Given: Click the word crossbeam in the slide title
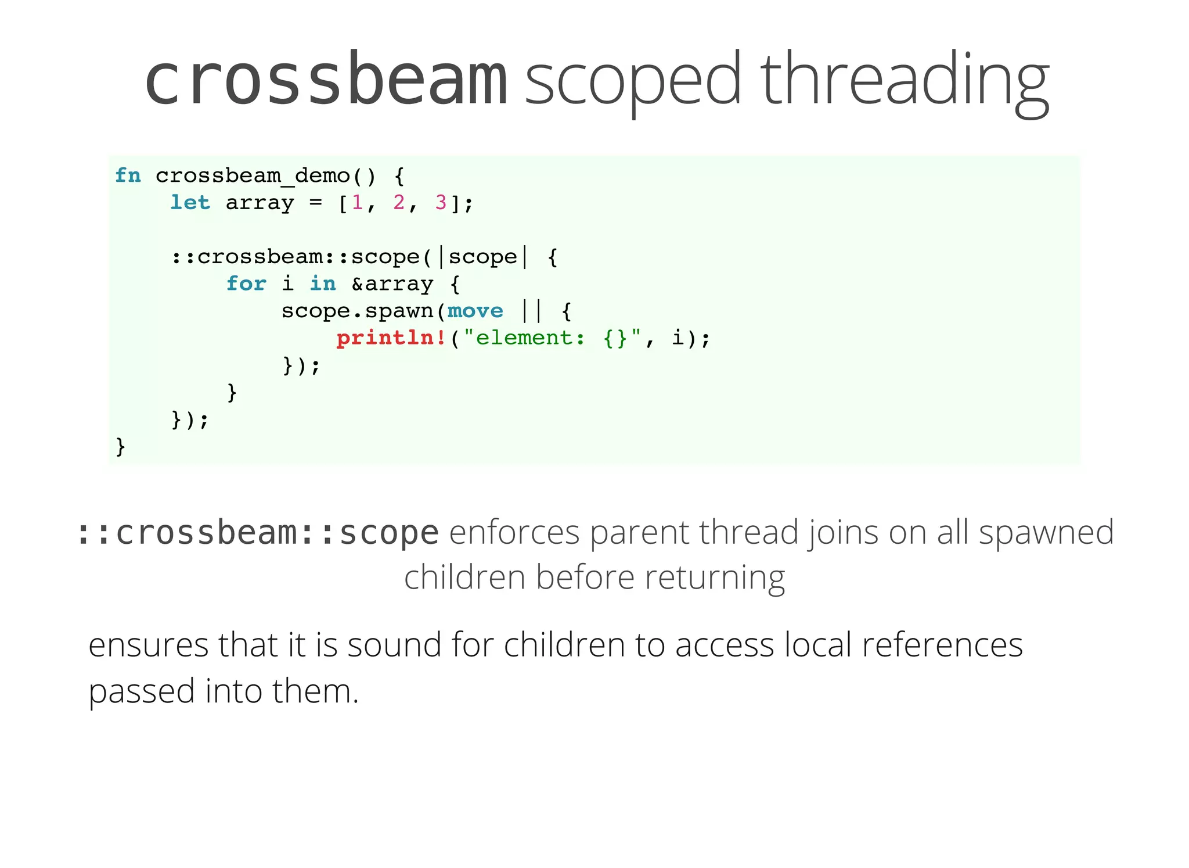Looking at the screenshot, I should click(326, 80).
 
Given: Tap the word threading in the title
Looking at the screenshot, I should click(904, 80).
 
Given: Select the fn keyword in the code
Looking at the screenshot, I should click(128, 175).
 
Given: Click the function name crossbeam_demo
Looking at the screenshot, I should click(253, 175).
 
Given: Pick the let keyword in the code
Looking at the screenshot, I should click(190, 203).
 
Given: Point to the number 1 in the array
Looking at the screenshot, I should click(357, 203).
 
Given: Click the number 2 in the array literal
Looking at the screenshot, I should click(399, 203).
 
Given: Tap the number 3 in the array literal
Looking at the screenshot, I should click(441, 203).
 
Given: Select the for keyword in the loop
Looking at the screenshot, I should click(246, 284).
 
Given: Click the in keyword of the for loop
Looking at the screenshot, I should click(323, 284).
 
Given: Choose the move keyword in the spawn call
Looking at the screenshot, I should click(475, 311).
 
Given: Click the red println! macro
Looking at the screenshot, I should click(391, 338).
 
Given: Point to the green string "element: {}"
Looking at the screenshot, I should click(552, 338).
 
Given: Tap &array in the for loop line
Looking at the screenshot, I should click(392, 284).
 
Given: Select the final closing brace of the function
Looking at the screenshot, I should click(121, 446).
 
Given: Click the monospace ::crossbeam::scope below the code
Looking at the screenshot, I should click(257, 532).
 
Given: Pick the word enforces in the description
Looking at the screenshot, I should click(514, 532).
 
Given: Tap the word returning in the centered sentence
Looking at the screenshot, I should click(715, 578).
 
